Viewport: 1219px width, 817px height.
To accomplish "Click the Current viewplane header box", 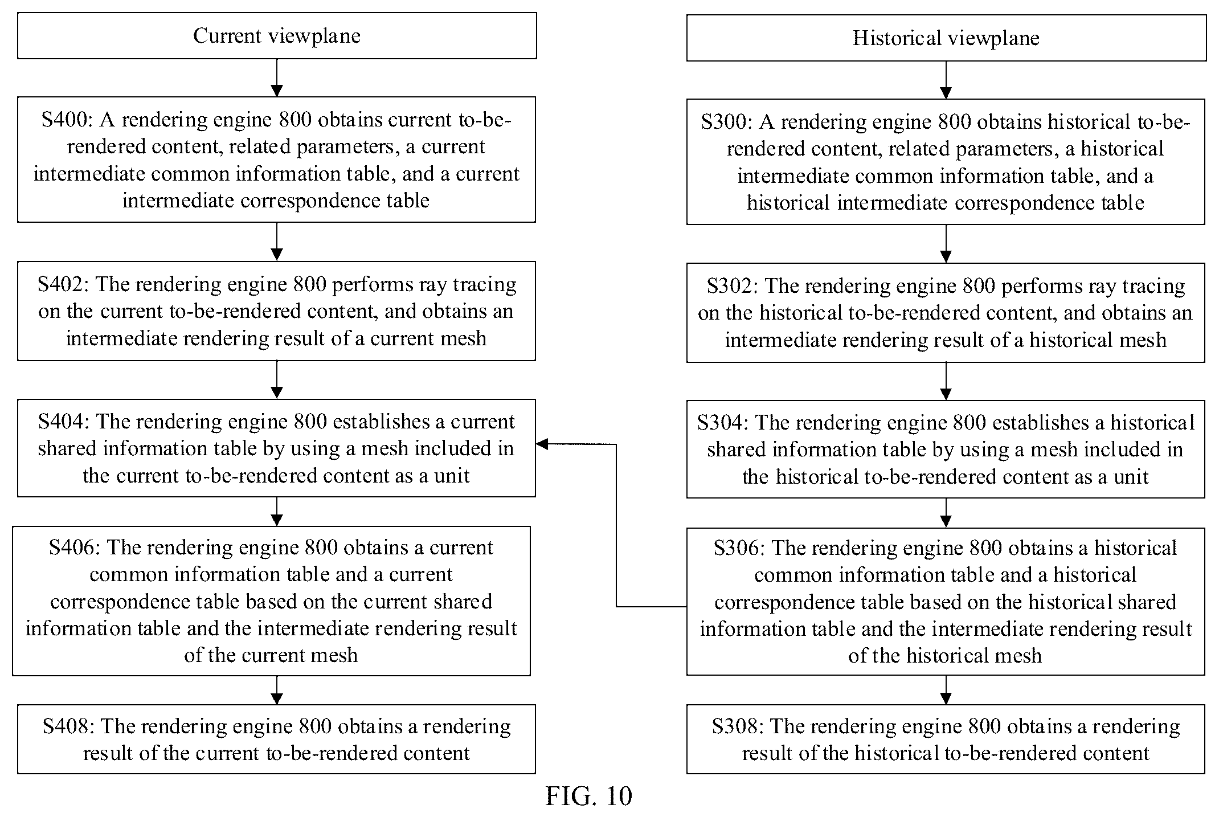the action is click(x=277, y=35).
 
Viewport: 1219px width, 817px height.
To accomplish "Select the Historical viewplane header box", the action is click(x=946, y=38).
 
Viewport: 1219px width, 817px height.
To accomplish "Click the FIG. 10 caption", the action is click(x=588, y=796).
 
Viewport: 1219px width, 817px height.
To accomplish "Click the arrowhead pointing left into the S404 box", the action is click(x=542, y=444).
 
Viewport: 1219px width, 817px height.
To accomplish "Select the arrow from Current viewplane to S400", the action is click(x=277, y=77).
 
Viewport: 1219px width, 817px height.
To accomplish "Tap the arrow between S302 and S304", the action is click(x=946, y=381).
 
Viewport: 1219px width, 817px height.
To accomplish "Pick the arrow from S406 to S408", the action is click(x=277, y=690).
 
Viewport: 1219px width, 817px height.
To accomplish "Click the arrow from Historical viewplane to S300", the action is click(x=946, y=80).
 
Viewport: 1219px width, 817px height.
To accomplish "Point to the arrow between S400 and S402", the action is click(x=277, y=242).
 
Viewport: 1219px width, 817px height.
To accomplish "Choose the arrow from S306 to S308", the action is click(x=946, y=690).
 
